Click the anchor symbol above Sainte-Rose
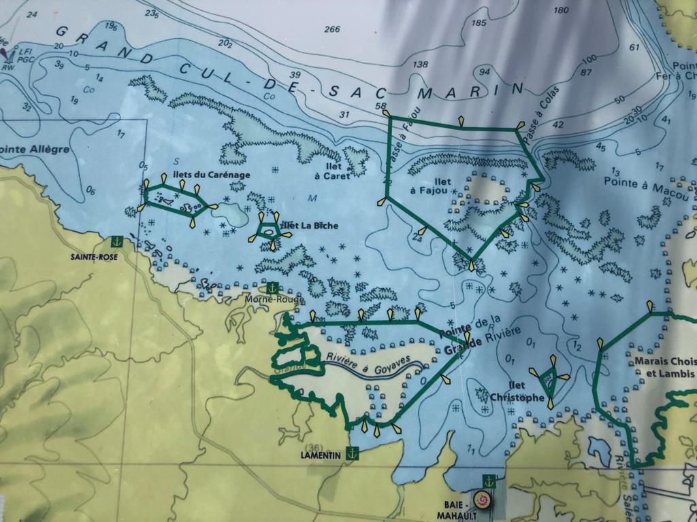coord(116,241)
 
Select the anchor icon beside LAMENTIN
coord(352,451)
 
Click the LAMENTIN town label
coord(319,455)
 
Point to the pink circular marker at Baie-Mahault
coord(484,500)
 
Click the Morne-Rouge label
coord(265,299)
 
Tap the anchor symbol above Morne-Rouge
coord(272,288)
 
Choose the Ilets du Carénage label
coord(212,175)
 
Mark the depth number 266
coord(332,29)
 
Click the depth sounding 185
coord(479,23)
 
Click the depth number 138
coord(420,65)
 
